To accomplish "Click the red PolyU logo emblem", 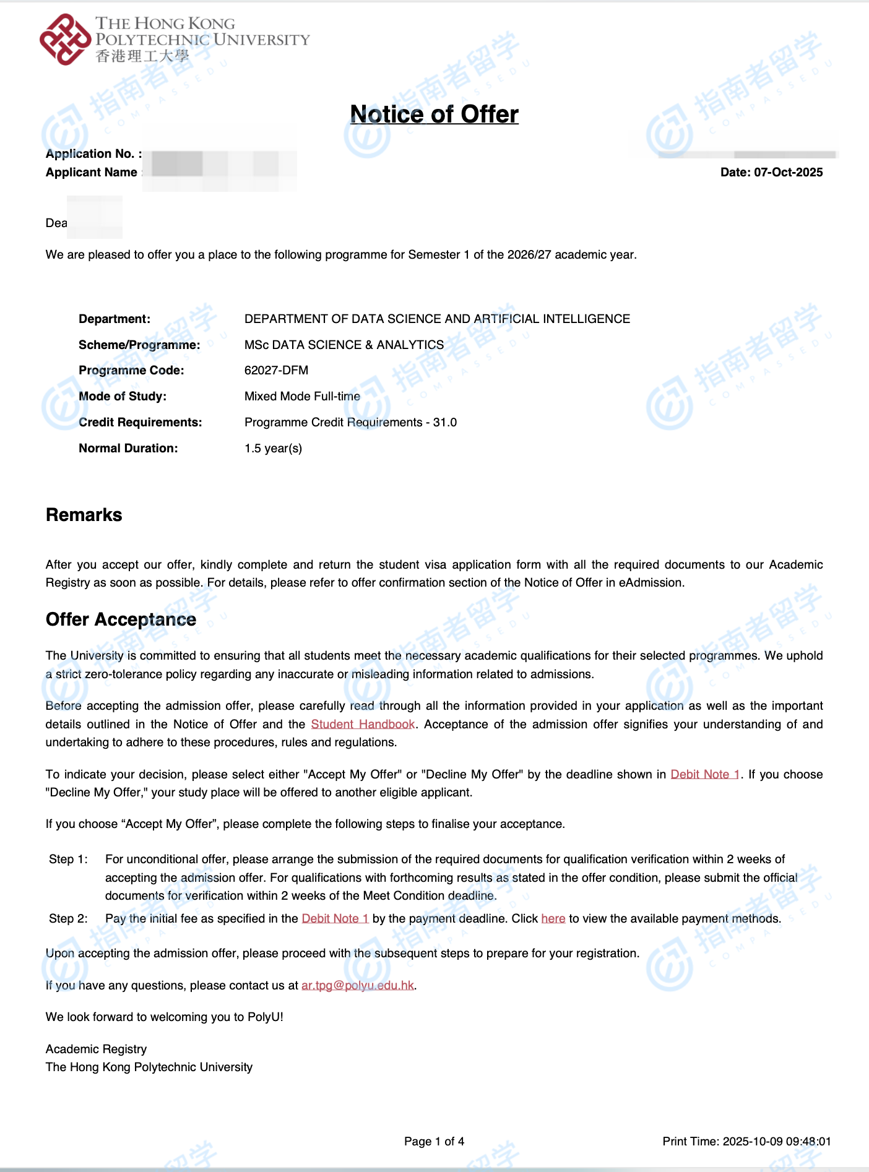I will pos(65,40).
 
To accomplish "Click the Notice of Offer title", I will pos(434,114).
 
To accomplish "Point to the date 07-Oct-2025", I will pos(788,173).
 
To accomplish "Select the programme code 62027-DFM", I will pos(276,371).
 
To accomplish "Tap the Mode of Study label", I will pos(123,397).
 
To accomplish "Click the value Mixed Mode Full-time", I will pos(302,397).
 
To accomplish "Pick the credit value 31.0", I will pos(445,423).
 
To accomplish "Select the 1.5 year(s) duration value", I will pos(273,449).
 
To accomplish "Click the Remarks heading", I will pos(84,515).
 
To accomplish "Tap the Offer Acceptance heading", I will pos(121,619).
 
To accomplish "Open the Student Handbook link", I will pos(363,725).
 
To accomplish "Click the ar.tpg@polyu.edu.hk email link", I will pos(358,986).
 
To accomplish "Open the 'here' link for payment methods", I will pos(553,919).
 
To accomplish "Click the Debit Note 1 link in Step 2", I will pos(335,919).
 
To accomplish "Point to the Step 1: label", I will pos(68,860).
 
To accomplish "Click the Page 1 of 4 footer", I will pos(434,1142).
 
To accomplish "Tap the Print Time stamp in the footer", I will pos(746,1142).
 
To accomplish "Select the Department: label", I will pos(115,319).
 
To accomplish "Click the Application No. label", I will pos(93,154).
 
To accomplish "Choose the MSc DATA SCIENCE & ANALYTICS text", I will pos(344,345).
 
